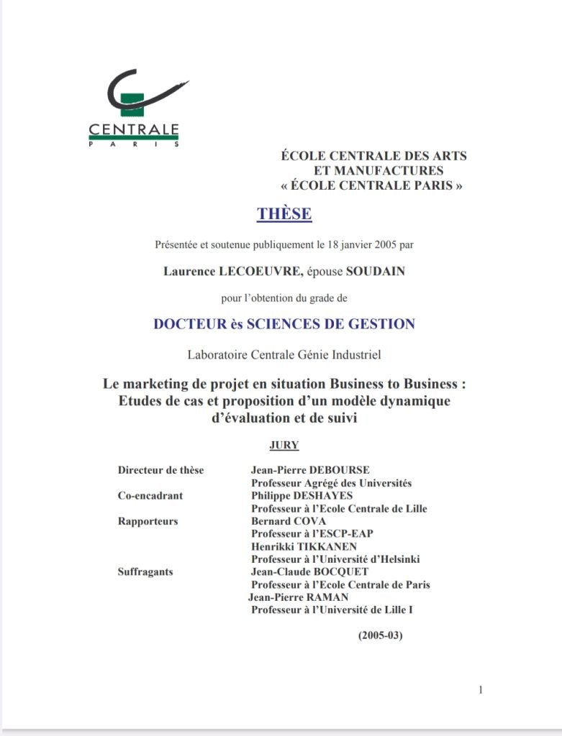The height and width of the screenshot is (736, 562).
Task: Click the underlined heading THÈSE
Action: coord(284,214)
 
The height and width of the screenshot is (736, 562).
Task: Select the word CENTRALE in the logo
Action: coord(134,130)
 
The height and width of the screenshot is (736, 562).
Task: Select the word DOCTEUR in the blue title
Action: coord(186,324)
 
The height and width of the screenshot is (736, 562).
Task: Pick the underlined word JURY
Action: coord(284,445)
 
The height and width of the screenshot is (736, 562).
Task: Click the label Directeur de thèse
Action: coord(160,470)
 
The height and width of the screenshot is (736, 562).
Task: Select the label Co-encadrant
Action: coord(150,496)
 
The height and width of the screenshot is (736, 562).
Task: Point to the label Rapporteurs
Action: coord(148,521)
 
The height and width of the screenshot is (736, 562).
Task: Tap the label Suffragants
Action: coord(145,572)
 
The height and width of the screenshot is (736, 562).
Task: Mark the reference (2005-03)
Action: coord(381,636)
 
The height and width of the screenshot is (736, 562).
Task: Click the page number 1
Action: coord(480,691)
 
